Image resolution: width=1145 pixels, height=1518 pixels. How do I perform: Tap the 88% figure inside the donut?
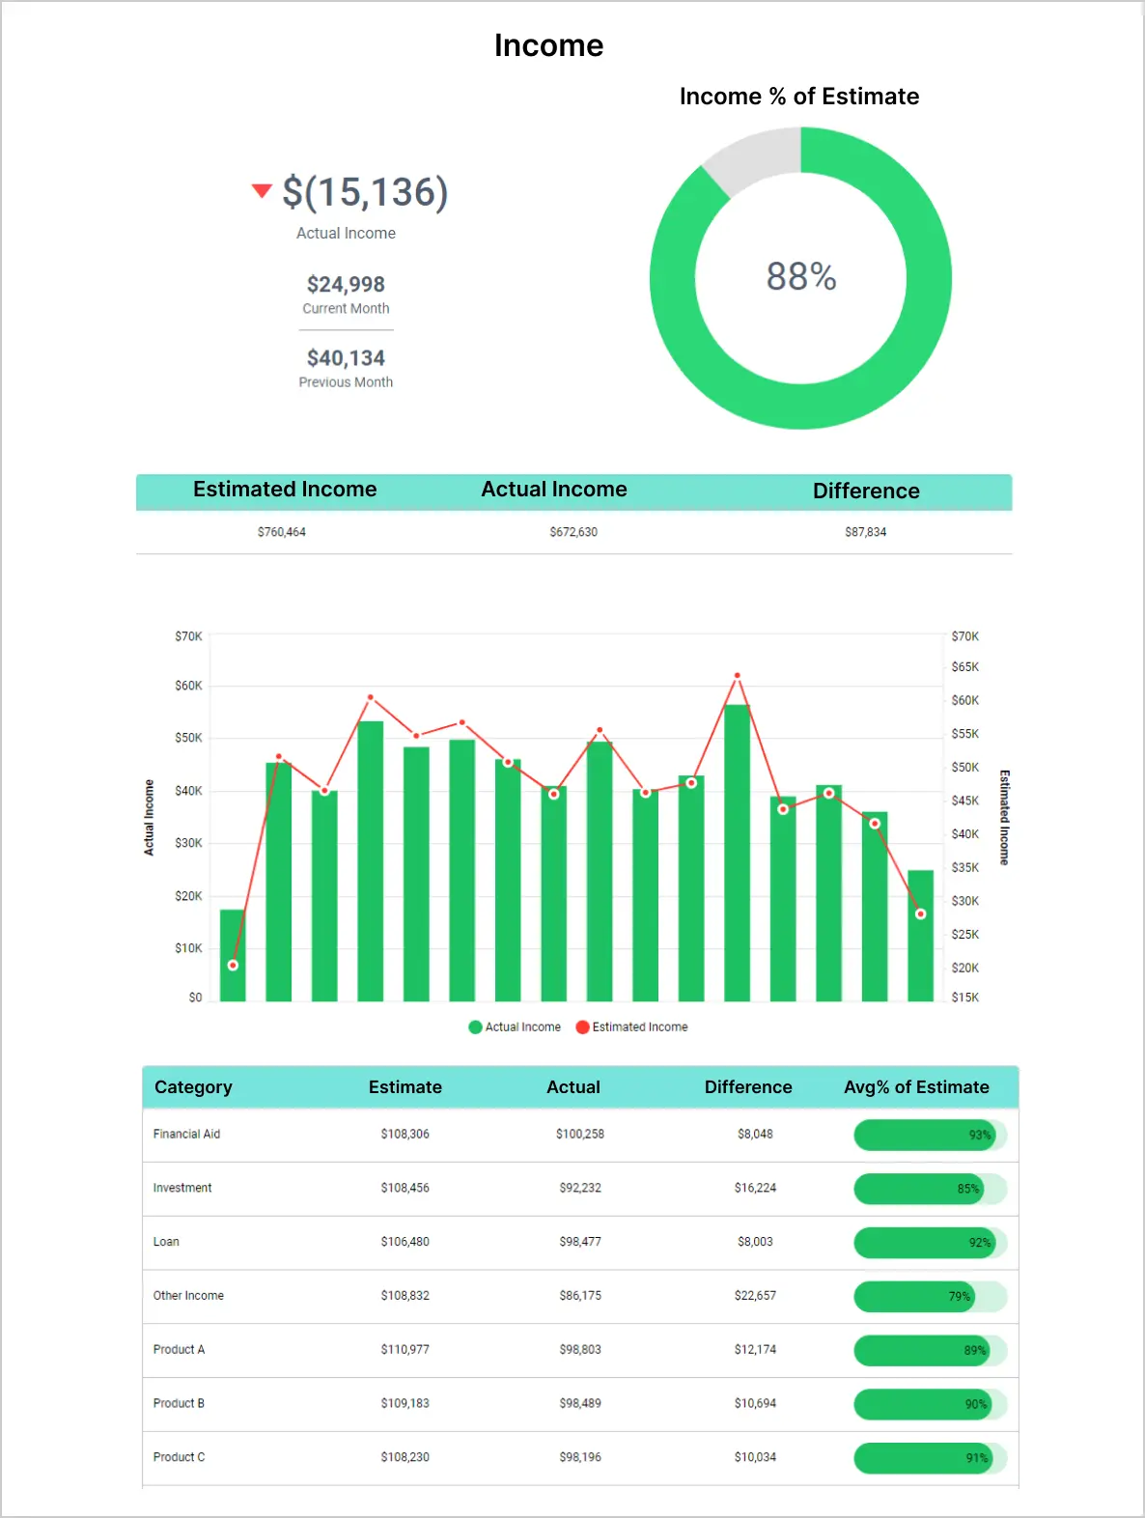800,276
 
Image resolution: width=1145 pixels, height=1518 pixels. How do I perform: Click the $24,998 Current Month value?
346,284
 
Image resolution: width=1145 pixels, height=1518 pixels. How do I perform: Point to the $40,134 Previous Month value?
346,358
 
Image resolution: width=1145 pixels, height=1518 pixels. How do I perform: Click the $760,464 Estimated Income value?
281,532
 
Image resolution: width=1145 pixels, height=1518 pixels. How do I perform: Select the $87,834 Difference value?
865,532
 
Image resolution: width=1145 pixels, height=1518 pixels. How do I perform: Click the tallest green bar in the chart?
737,853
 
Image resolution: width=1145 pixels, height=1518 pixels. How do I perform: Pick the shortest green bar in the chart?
233,955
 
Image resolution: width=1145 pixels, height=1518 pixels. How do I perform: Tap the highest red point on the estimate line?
737,675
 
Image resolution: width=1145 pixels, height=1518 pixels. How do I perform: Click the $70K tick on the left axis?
188,636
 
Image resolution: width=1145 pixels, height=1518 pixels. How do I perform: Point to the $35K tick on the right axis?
965,867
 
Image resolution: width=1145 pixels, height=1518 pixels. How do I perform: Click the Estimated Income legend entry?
632,1027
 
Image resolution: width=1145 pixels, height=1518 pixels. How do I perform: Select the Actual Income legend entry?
515,1027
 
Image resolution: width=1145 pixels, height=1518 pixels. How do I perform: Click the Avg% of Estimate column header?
916,1087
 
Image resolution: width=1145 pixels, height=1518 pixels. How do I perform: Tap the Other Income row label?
188,1295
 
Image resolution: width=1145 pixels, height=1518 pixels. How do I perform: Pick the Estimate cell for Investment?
405,1188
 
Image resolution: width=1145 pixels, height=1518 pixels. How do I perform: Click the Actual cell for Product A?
580,1349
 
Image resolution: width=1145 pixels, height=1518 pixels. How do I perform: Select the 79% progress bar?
930,1296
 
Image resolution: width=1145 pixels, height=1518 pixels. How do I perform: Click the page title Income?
548,45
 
